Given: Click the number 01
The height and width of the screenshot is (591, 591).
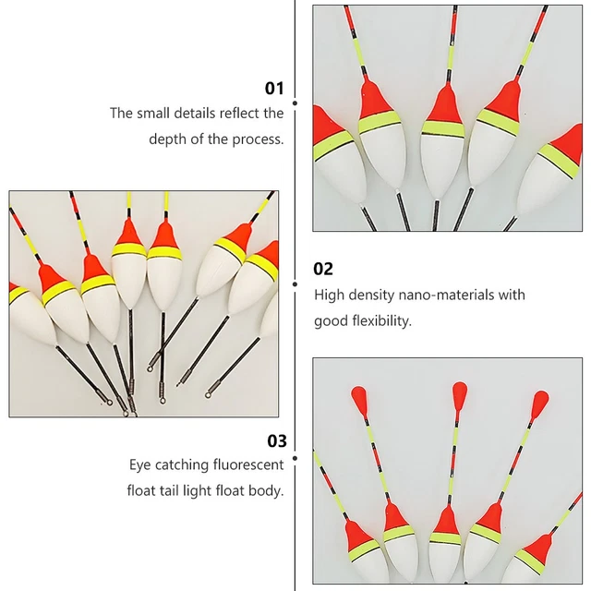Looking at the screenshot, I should click(274, 89).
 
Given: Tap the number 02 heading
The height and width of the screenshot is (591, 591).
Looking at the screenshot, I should click(323, 269).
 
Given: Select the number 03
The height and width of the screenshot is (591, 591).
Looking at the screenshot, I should click(276, 440).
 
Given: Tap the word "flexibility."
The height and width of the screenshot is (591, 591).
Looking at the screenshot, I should click(378, 321).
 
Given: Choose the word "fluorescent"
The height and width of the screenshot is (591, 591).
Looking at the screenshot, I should click(245, 465).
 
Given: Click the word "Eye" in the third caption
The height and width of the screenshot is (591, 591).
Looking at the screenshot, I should click(140, 465).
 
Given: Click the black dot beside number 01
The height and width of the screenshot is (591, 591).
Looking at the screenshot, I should click(295, 104).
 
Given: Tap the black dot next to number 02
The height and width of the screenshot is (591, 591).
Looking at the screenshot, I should click(295, 283).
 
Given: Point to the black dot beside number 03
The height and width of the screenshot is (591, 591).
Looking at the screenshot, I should click(295, 455).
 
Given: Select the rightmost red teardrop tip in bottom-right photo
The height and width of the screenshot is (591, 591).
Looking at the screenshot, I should click(540, 402).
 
